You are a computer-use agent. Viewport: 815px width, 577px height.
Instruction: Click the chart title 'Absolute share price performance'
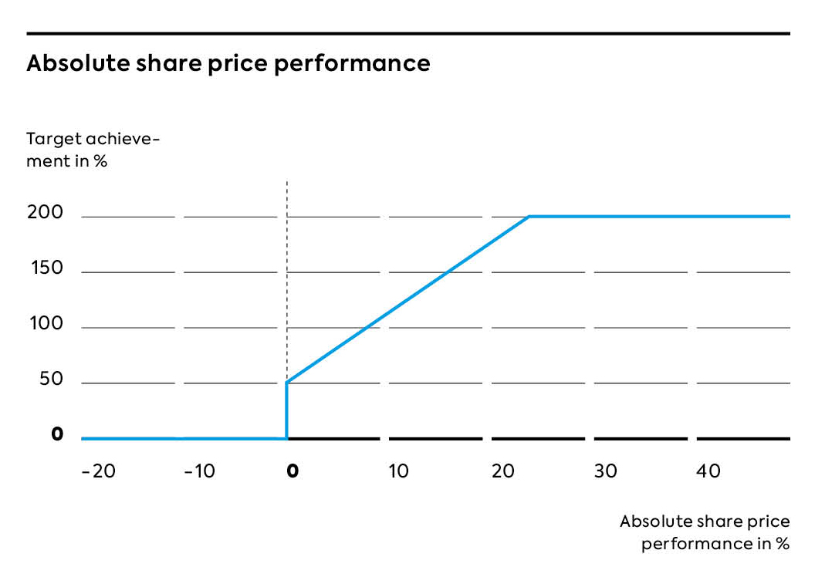(228, 63)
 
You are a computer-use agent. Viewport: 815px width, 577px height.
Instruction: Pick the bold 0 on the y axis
(56, 435)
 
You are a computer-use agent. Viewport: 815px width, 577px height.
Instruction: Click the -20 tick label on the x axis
(98, 471)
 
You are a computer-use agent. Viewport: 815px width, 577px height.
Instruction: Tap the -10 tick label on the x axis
(200, 471)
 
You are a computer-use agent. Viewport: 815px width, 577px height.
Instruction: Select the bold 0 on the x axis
(292, 471)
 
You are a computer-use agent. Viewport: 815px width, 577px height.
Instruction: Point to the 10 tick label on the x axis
(398, 471)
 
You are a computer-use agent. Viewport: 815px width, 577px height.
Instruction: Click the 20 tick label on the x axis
(503, 471)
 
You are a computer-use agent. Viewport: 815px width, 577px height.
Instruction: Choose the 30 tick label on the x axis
(606, 471)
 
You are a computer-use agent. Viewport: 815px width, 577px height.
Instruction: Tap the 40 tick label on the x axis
(708, 471)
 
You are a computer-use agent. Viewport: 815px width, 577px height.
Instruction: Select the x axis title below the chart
(704, 532)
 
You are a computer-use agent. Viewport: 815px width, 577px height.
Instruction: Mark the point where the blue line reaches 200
(529, 217)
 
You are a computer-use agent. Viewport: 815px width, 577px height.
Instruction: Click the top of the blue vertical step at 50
(287, 383)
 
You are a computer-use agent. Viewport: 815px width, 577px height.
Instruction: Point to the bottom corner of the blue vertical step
(287, 438)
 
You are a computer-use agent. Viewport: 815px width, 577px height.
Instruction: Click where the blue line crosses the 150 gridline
(448, 272)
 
